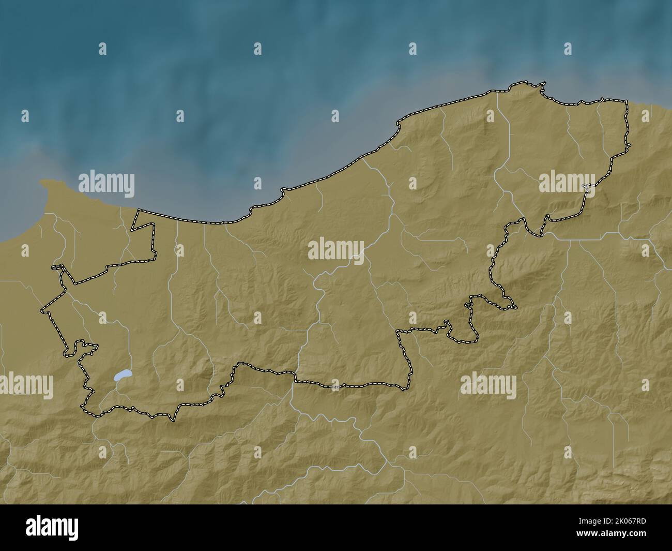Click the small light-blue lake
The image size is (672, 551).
(122, 375)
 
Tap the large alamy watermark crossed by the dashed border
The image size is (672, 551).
(567, 184)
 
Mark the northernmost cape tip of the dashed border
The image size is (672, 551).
(543, 83)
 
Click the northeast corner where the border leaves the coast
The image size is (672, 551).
(627, 101)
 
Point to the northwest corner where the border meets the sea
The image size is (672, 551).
(138, 210)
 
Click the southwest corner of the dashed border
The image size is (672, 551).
(83, 409)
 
